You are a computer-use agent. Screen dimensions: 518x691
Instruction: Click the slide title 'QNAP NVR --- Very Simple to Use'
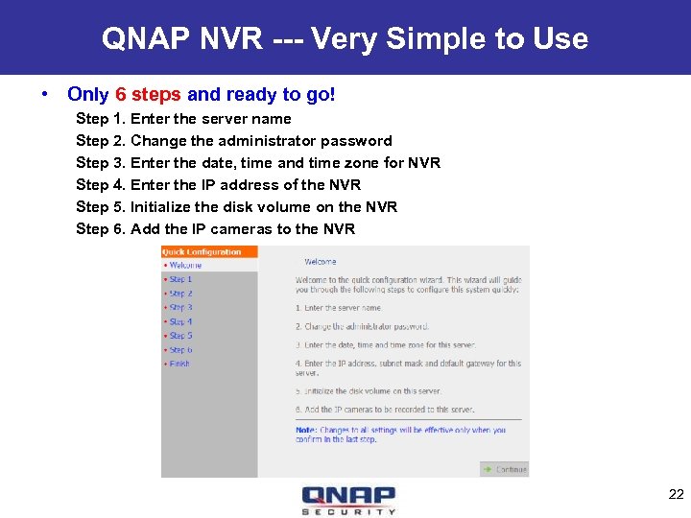point(345,38)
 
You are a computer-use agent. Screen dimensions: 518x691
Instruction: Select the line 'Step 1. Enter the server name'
point(183,119)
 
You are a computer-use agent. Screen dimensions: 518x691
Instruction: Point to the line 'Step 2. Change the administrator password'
point(234,141)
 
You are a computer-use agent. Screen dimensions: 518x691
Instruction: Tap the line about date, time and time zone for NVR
point(258,163)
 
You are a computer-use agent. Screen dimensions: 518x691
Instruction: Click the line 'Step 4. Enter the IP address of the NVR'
point(219,185)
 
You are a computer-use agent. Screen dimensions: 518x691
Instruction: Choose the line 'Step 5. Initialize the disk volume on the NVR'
point(236,207)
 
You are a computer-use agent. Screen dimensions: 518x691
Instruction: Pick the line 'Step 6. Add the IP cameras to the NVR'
point(216,229)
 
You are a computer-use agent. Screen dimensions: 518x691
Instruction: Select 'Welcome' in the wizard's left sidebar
point(185,266)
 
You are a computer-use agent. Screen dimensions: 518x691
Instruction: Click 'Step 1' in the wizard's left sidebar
point(180,279)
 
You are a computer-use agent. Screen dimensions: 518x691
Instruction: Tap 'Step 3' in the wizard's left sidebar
point(180,308)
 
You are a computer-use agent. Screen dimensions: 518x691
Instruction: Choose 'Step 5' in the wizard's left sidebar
point(180,336)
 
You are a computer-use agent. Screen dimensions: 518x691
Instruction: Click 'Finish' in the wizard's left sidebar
point(179,364)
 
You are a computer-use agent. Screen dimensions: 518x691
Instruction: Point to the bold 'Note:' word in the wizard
point(306,431)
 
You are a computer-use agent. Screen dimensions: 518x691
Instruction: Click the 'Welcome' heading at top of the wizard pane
point(321,261)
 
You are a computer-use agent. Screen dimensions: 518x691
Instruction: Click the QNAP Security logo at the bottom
point(348,500)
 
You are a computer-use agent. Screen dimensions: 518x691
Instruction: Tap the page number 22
point(675,494)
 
